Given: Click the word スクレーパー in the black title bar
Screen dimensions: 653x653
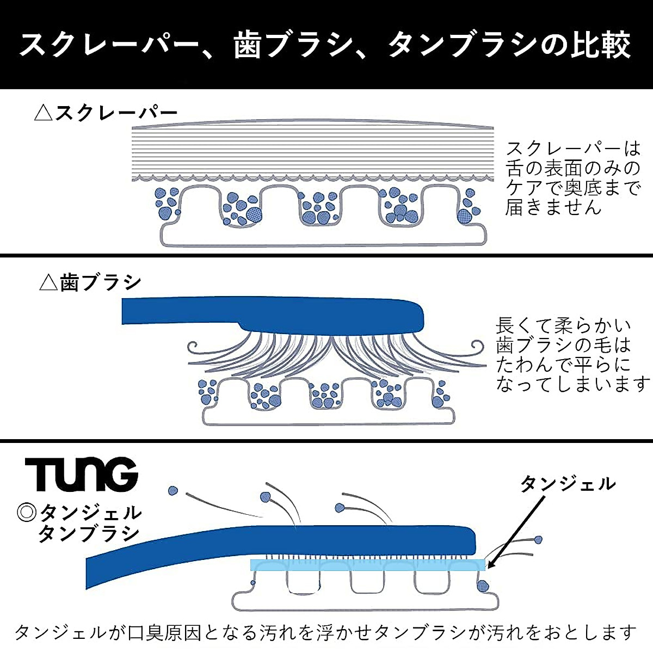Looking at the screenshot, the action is click(109, 45).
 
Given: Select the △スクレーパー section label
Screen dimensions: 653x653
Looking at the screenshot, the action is click(106, 113).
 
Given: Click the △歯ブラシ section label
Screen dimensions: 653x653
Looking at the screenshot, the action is click(90, 283).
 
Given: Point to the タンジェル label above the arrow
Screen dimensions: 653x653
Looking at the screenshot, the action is click(568, 483).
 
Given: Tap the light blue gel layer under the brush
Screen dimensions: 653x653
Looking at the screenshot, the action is click(367, 565).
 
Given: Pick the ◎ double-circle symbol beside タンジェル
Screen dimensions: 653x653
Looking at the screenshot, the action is click(26, 512).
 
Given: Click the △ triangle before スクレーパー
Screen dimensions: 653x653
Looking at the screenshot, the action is click(43, 114).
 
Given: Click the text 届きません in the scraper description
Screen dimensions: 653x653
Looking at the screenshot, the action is click(553, 207).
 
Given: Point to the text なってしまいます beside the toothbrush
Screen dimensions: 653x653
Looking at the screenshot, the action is click(572, 384).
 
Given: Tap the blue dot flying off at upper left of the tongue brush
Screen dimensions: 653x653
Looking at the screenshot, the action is click(174, 491).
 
